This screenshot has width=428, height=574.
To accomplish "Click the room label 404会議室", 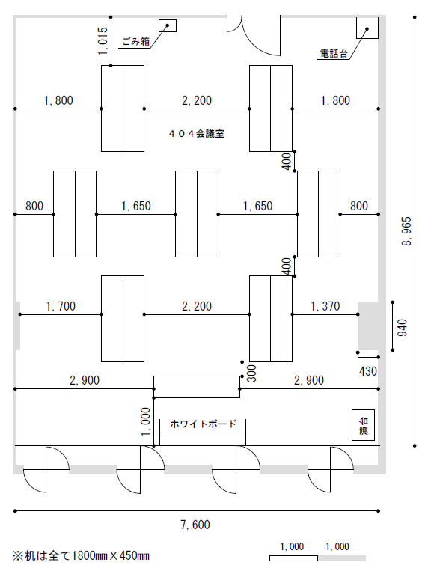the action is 196,134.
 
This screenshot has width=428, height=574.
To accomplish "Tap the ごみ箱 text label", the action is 136,41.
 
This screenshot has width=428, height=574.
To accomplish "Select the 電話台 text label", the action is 334,53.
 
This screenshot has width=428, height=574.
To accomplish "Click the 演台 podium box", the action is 363,424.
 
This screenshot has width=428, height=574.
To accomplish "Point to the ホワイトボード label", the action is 204,424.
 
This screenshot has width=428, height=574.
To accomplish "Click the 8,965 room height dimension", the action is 407,231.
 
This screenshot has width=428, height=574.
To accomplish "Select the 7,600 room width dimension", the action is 195,525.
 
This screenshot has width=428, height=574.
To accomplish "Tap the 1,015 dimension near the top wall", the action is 103,41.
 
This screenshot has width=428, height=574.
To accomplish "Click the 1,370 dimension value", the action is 325,306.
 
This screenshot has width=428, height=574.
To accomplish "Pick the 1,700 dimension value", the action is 61,306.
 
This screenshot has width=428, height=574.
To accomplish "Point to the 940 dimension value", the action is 402,328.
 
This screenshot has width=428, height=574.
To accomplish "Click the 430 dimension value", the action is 368,371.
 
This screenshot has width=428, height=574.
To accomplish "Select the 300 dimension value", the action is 252,373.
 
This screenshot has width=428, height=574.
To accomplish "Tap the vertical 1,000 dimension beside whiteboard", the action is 145,422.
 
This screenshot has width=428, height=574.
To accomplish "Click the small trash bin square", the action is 168,25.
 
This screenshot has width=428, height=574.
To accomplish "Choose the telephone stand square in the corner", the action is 367,27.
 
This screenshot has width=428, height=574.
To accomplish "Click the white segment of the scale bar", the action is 293,558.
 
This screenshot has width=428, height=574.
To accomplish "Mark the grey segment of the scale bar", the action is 342,558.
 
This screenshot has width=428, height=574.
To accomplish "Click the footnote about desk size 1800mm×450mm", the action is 82,556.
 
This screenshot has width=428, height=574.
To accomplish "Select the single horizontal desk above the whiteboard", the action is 197,387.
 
